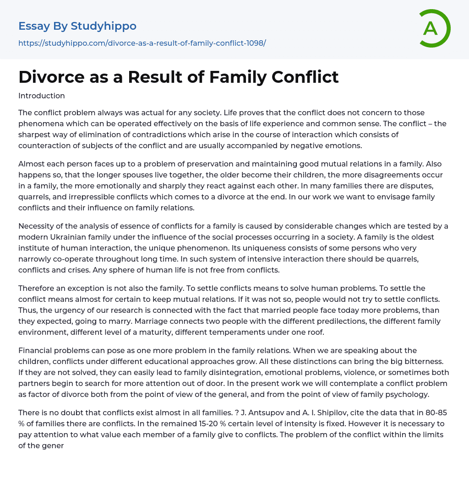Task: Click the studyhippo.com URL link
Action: tap(142, 43)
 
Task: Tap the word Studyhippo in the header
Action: tap(104, 26)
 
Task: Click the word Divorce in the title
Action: tap(48, 77)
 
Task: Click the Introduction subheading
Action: tap(42, 96)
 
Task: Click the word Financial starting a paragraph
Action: tap(35, 350)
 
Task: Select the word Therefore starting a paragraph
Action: tap(37, 288)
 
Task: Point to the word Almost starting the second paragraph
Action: tap(31, 164)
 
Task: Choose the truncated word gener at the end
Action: tap(53, 445)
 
